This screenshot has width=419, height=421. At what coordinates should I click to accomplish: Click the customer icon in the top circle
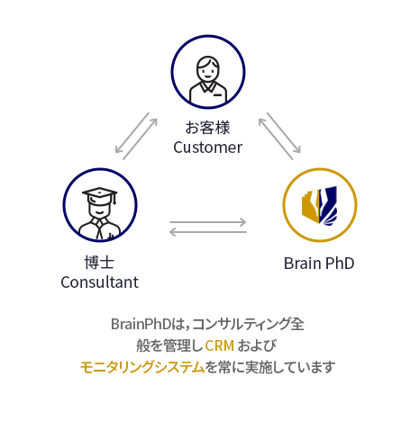(208, 80)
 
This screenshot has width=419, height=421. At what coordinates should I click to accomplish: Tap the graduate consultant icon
(100, 213)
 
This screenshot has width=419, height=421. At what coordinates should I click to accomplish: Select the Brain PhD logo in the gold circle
(320, 205)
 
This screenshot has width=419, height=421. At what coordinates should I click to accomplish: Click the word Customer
(207, 148)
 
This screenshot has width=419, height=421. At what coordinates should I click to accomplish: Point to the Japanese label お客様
(207, 128)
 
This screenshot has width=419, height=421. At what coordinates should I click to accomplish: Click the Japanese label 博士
(99, 263)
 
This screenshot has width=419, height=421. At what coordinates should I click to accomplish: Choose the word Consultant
(99, 282)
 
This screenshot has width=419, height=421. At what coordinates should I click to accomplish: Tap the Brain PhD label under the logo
(319, 264)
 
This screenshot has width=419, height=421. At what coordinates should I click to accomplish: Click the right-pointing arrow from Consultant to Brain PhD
(208, 222)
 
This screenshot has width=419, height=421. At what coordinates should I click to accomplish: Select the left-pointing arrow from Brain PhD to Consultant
(208, 232)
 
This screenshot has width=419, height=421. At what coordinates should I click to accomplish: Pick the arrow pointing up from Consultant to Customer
(140, 139)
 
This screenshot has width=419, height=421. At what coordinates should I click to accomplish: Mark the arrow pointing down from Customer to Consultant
(132, 133)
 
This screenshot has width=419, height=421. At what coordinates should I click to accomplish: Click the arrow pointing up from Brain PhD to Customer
(276, 139)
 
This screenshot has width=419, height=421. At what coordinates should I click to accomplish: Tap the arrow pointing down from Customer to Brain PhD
(284, 133)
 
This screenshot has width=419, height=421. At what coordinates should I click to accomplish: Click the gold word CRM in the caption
(220, 345)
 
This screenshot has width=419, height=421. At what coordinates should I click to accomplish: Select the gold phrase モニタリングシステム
(142, 367)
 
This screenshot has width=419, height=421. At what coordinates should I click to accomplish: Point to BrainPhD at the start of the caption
(141, 324)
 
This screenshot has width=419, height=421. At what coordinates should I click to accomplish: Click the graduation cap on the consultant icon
(100, 195)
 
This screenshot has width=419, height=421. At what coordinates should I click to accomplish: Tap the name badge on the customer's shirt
(217, 95)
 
